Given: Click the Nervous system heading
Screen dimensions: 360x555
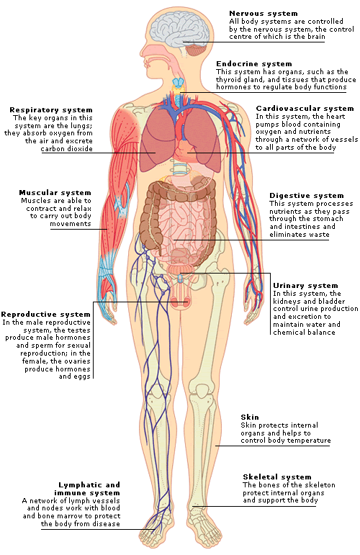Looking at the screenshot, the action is point(263,14).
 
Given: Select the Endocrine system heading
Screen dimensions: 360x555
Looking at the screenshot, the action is point(254,64).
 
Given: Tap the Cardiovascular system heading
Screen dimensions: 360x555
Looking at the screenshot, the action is point(305,108).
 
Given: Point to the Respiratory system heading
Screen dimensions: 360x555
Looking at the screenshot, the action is point(51,110).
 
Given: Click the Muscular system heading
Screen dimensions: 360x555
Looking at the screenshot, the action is point(55,192).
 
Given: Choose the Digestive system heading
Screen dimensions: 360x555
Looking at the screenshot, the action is point(307,195).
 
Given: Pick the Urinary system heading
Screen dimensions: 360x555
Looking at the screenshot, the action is point(305,285).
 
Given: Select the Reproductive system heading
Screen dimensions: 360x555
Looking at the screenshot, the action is point(45,315).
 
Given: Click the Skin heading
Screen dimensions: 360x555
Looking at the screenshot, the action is point(250,417).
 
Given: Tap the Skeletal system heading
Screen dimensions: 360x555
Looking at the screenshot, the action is point(276,477).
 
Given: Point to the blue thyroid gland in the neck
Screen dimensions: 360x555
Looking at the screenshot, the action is point(179,83).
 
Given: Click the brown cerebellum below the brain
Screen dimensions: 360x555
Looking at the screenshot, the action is point(195,50).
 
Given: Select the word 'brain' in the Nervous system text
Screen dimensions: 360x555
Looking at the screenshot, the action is point(316,37).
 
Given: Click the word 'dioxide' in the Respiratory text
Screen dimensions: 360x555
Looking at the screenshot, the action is point(81,149).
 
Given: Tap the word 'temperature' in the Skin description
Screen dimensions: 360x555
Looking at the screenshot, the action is point(310,441).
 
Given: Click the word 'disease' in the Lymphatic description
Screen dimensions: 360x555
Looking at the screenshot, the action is point(107,524).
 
